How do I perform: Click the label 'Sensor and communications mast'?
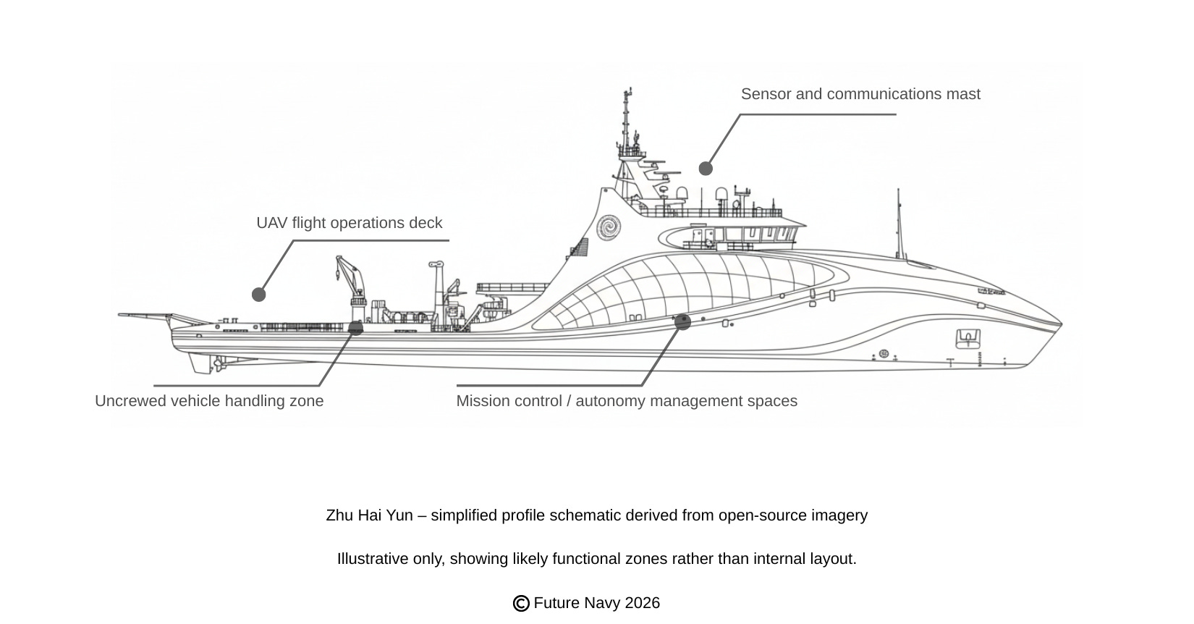click(860, 94)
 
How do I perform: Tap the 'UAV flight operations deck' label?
click(349, 223)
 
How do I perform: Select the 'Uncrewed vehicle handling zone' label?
click(209, 401)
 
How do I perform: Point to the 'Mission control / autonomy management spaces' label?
click(627, 401)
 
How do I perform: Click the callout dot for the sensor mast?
click(706, 169)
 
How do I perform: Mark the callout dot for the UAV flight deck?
click(258, 295)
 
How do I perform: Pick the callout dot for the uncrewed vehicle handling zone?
click(355, 328)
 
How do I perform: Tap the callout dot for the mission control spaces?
click(682, 322)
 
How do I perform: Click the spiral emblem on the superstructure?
click(609, 227)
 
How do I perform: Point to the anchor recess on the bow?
click(968, 337)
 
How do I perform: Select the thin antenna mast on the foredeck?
click(899, 224)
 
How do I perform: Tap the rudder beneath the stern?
click(201, 363)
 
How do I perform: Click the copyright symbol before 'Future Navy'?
click(521, 604)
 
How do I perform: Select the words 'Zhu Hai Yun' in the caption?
click(369, 515)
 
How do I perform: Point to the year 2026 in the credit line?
click(643, 603)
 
